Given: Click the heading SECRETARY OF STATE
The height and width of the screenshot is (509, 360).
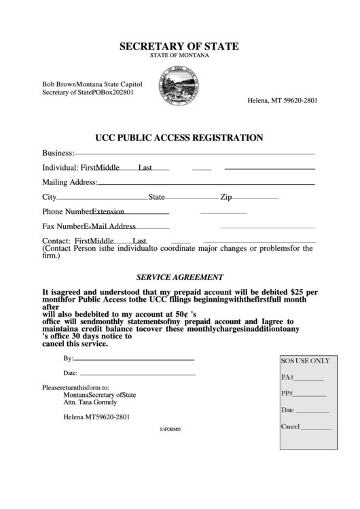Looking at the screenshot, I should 179,46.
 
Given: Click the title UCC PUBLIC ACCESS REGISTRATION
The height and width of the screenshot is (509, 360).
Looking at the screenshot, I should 179,137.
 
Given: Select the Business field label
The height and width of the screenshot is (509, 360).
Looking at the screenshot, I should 58,153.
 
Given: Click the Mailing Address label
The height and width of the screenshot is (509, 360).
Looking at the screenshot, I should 70,182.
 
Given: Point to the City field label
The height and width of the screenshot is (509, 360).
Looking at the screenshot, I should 49,197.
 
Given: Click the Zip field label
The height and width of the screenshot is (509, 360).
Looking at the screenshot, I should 226,197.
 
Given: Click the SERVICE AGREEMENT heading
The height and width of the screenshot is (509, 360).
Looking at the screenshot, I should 179,277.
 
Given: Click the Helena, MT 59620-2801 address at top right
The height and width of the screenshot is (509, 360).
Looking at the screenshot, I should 283,100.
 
